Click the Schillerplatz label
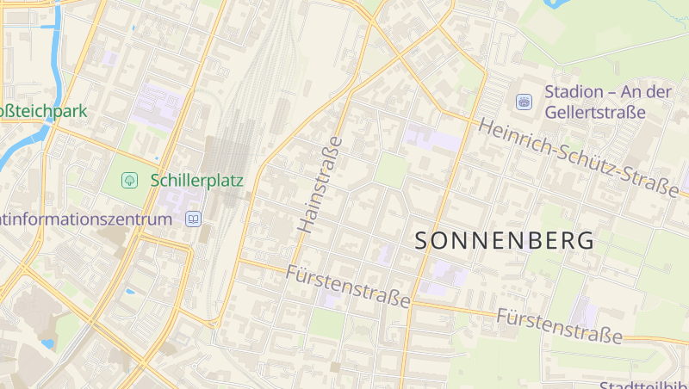(196, 181)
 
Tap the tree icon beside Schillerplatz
(130, 181)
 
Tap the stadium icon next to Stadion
(524, 102)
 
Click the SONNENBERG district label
(505, 241)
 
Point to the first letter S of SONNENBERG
(423, 241)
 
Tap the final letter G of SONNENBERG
(586, 241)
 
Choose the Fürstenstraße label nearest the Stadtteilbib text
(559, 324)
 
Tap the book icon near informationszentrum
(194, 219)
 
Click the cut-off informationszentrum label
(86, 219)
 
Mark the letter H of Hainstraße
(305, 227)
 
